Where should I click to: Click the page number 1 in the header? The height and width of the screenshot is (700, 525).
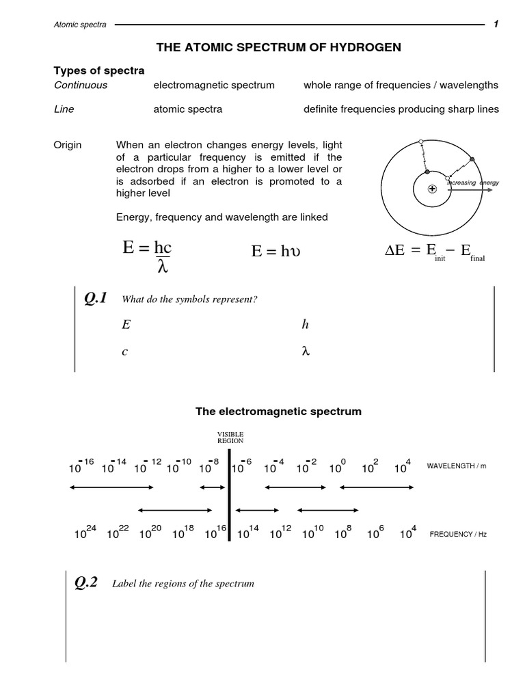click(496, 25)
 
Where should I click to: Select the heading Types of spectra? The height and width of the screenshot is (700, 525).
click(99, 71)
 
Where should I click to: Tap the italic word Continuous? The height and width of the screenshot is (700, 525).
click(81, 85)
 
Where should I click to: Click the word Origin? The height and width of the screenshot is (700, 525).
click(68, 145)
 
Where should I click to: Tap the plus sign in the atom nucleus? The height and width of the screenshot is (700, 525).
click(432, 189)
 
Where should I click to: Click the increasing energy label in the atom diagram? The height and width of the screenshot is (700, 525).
click(473, 183)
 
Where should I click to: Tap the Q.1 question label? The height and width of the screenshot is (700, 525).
click(95, 299)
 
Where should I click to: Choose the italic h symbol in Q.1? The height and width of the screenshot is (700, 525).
click(305, 325)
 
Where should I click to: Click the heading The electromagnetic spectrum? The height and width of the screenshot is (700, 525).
click(278, 412)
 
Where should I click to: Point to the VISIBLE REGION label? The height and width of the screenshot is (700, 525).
click(230, 437)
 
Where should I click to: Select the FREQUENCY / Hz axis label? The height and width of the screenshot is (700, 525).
click(457, 534)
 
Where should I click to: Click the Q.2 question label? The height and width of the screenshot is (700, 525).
click(86, 583)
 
